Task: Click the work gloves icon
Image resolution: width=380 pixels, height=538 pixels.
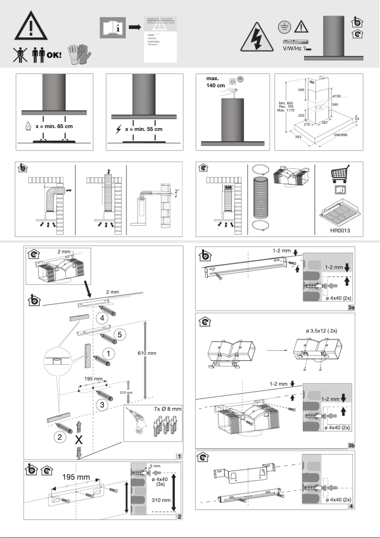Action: click(78, 55)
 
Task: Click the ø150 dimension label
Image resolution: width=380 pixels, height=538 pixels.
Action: click(337, 96)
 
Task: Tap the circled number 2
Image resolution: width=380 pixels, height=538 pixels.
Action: click(59, 437)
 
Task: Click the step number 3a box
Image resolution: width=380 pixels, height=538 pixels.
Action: click(352, 308)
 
